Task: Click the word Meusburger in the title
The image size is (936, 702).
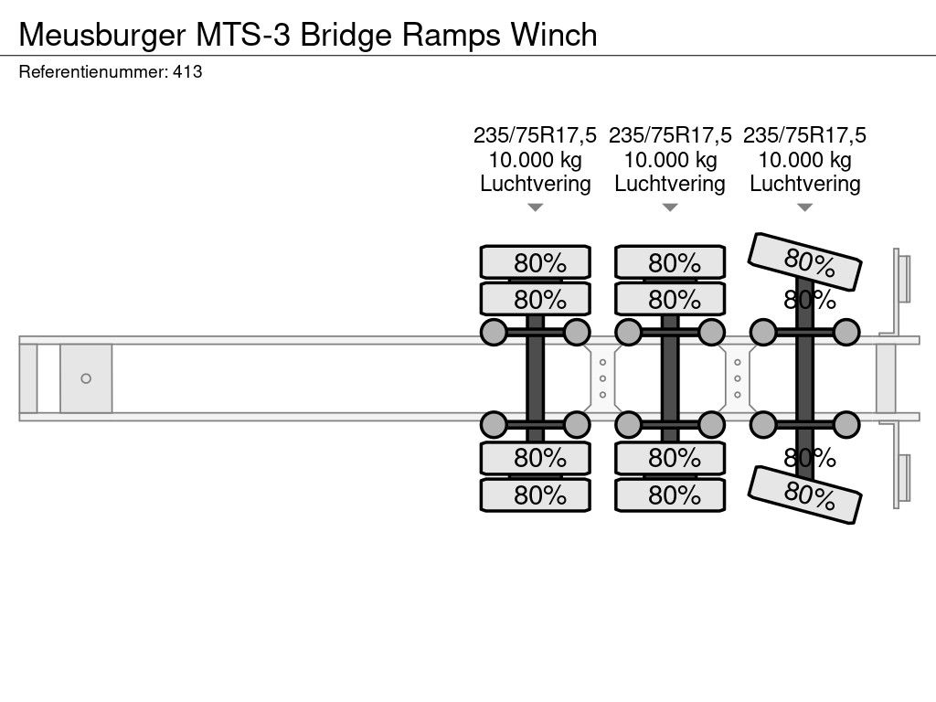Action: coord(101,34)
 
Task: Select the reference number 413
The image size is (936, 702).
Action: coord(187,72)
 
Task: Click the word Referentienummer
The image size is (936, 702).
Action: coord(91,72)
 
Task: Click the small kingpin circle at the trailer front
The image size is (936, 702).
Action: coord(86,378)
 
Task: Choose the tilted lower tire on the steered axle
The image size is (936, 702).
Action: coord(805,495)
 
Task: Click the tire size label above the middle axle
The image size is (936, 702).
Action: coord(670,135)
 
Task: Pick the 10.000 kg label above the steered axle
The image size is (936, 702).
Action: coord(805,160)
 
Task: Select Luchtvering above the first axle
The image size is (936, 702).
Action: coord(536,184)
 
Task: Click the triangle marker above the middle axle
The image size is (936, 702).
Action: coord(670,207)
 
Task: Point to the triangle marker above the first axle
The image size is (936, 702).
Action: coord(536,207)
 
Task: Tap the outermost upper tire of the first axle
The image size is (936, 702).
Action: coord(536,262)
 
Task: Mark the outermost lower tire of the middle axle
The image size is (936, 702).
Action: coord(670,495)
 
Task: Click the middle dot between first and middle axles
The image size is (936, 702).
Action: coord(602,378)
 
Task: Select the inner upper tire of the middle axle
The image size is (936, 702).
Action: coord(670,299)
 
